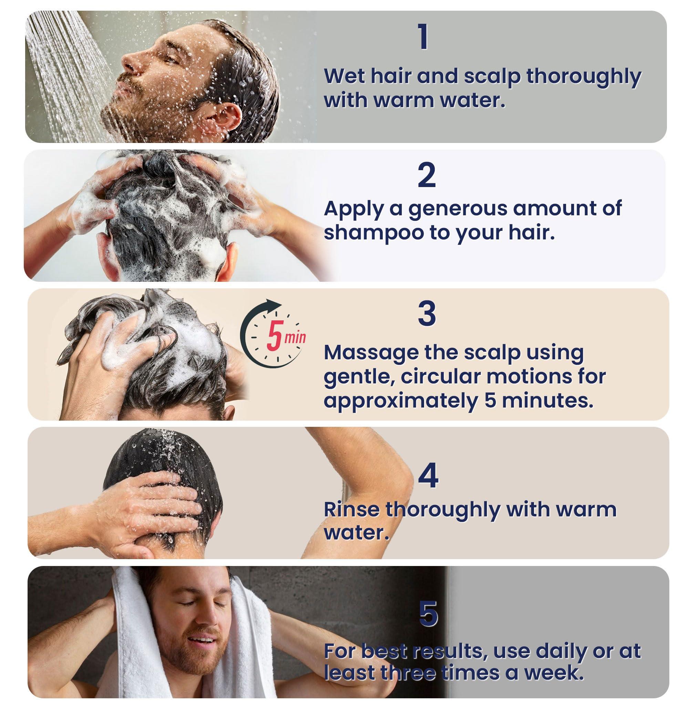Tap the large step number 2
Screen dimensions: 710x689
point(426,175)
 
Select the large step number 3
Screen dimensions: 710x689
point(427,314)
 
